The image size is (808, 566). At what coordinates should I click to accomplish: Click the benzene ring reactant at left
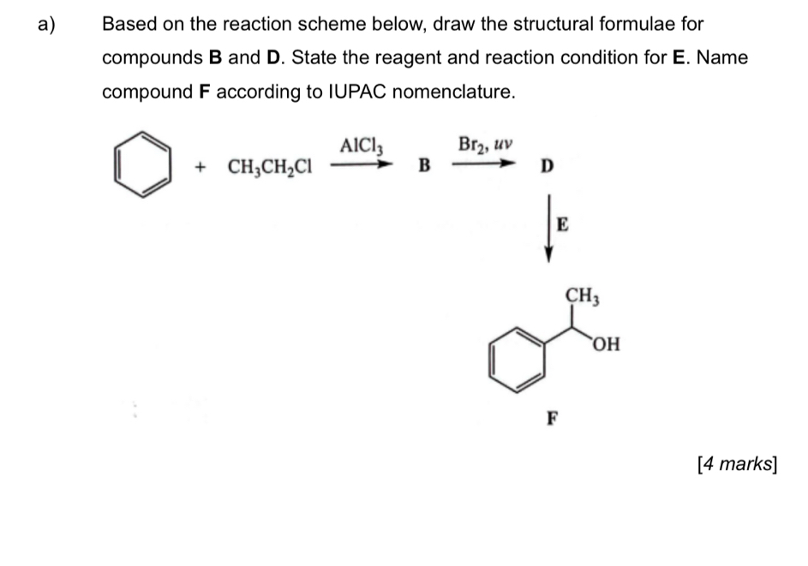click(141, 163)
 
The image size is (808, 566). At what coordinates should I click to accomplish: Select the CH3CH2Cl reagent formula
click(270, 166)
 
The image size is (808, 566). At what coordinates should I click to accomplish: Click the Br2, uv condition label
click(486, 143)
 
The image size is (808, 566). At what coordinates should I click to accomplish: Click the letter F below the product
click(553, 419)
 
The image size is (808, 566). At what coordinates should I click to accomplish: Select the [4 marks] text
click(737, 463)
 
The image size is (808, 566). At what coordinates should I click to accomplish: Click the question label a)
click(46, 24)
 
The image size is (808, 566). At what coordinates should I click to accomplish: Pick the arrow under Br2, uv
click(485, 160)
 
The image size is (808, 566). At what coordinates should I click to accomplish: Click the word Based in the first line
click(128, 24)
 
